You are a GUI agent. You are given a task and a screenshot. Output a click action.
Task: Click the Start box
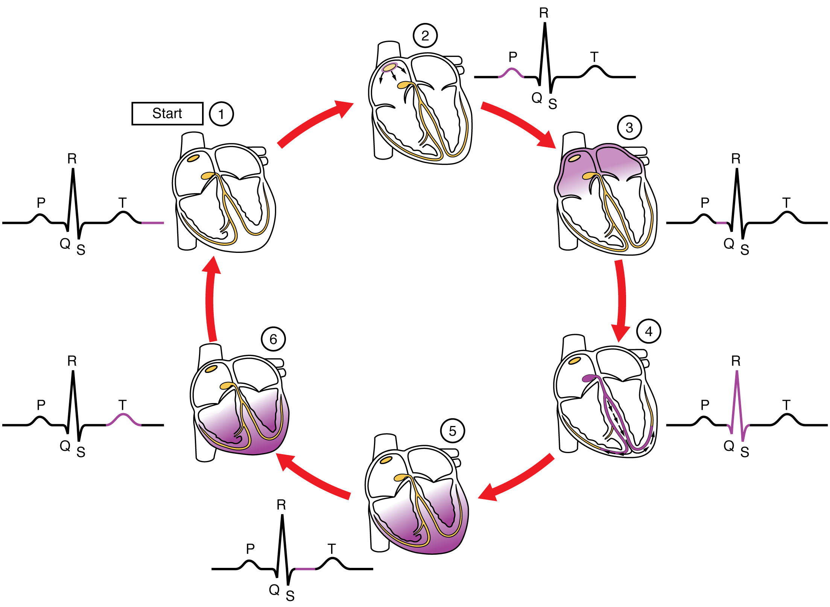(167, 113)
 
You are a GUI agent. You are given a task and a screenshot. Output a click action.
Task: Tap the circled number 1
(221, 114)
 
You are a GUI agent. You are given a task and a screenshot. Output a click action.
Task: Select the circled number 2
(425, 35)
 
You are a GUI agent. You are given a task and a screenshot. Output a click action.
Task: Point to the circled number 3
(629, 128)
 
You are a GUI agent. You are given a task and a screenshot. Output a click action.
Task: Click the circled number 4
(649, 331)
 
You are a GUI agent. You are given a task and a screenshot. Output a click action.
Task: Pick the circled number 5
(452, 431)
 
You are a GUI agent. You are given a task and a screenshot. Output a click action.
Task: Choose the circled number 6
(273, 339)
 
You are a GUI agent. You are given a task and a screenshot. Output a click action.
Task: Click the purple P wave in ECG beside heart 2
(511, 72)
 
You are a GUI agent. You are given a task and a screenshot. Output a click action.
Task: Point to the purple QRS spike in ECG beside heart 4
(736, 399)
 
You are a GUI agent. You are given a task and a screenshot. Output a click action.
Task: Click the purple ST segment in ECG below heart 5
(305, 569)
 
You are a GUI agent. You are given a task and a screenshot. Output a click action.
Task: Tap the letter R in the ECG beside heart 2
(544, 13)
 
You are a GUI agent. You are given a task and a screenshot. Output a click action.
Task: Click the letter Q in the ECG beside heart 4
(729, 446)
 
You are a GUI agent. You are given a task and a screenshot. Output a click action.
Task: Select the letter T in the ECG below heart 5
(331, 549)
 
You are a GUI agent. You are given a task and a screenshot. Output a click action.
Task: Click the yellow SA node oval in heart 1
(193, 158)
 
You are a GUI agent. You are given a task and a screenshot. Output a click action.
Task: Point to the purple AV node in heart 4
(588, 378)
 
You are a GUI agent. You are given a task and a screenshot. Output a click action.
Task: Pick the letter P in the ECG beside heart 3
(705, 202)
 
